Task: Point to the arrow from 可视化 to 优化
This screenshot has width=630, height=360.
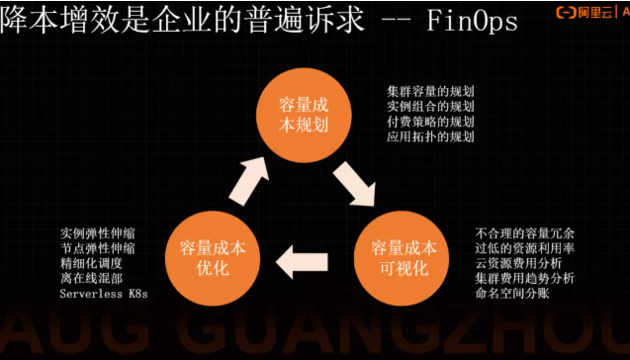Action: (302, 262)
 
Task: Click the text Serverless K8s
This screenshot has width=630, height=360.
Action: (103, 294)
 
